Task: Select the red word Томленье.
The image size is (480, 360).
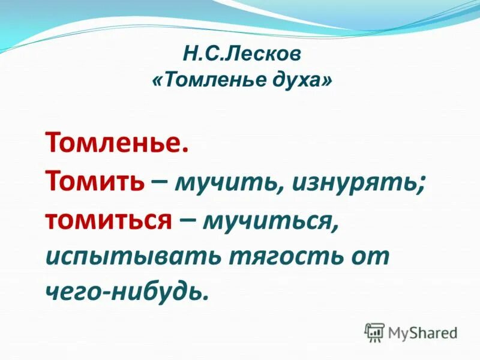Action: [x=117, y=144]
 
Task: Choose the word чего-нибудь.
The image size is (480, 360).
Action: [x=127, y=293]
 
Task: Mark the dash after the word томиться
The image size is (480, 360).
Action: [x=187, y=220]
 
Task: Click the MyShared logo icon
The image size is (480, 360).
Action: [x=374, y=332]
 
